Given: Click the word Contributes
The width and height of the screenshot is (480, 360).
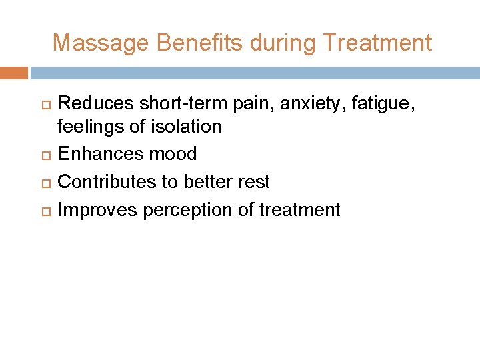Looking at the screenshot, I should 109,182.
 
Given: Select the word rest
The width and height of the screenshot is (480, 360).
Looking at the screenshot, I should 254,182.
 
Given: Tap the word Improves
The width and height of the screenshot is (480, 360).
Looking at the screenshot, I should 97,210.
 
